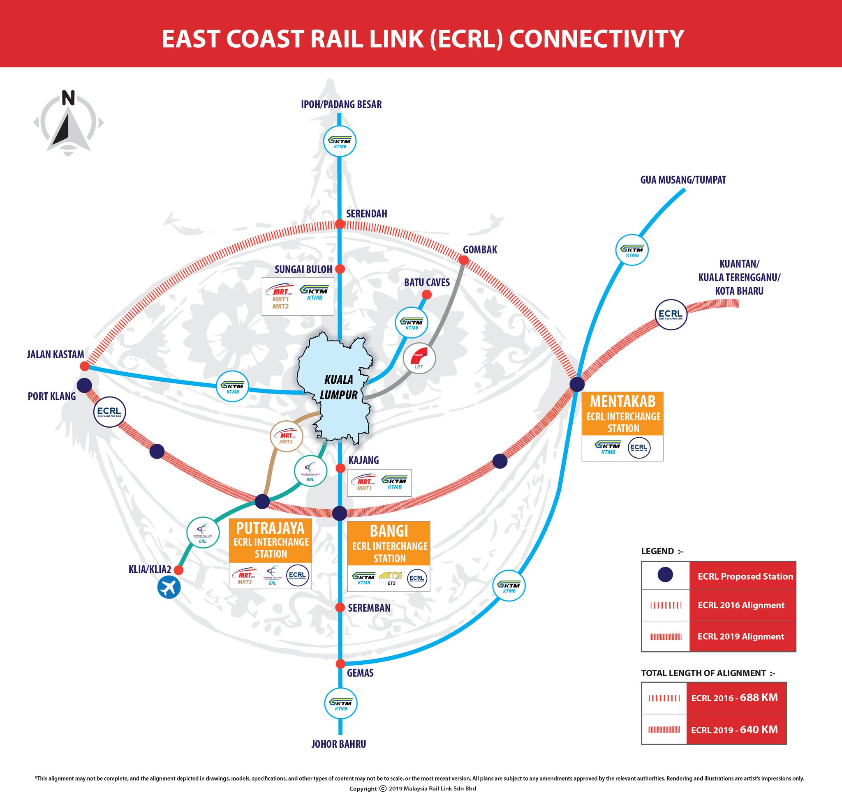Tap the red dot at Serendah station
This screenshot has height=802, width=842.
point(340,224)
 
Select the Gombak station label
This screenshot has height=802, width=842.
point(480,250)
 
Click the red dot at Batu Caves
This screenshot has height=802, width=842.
point(426,295)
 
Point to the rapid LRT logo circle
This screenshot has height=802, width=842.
point(419,358)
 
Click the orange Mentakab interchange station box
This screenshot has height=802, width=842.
point(622,413)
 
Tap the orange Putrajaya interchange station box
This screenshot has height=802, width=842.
point(271,541)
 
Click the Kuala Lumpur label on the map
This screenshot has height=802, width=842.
point(338,387)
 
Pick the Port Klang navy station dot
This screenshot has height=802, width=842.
point(84,385)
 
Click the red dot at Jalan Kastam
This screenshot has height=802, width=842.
point(85,366)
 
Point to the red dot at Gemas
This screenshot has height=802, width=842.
point(340,664)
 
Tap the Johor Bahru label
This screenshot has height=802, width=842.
point(338,744)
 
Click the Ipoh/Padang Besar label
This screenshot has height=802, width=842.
point(341,104)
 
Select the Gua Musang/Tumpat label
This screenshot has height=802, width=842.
point(683,180)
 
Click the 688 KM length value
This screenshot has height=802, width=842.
point(759,698)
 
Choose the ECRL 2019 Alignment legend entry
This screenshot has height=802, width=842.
point(740,636)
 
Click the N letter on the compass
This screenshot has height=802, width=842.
point(68,98)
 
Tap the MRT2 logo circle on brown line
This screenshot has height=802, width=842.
point(286,436)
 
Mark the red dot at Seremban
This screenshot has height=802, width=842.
point(340,607)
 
